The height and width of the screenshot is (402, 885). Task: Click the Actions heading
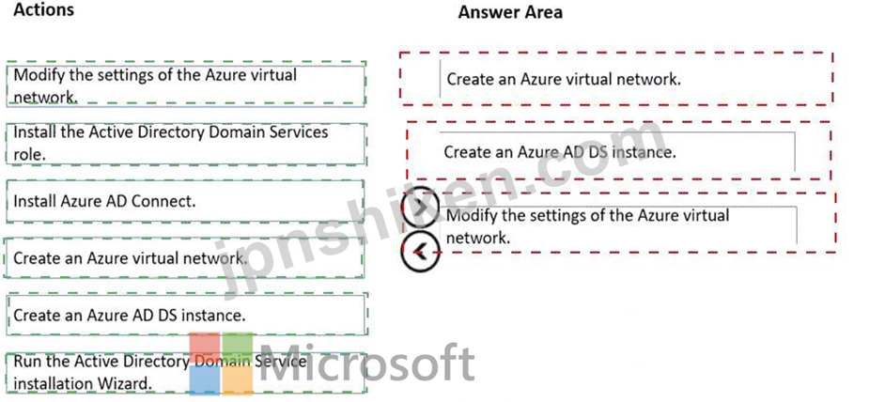pos(43,9)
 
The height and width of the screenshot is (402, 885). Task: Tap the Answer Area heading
pos(510,12)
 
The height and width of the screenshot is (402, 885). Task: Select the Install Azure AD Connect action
pos(185,202)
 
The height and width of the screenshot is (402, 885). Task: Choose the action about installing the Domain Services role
pos(186,144)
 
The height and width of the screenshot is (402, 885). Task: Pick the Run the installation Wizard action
pos(186,373)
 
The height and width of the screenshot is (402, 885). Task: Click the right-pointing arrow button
pos(421,208)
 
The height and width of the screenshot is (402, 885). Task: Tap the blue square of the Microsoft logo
pos(205,380)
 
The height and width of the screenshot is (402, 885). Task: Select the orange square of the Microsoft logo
pos(238,380)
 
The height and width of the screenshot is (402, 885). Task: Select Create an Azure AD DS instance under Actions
pos(186,315)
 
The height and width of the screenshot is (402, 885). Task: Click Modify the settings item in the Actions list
pos(186,85)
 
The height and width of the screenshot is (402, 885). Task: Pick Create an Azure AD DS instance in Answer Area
pos(618,151)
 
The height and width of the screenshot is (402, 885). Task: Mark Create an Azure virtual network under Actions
pos(184,258)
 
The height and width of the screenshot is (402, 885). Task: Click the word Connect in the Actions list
pos(163,202)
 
